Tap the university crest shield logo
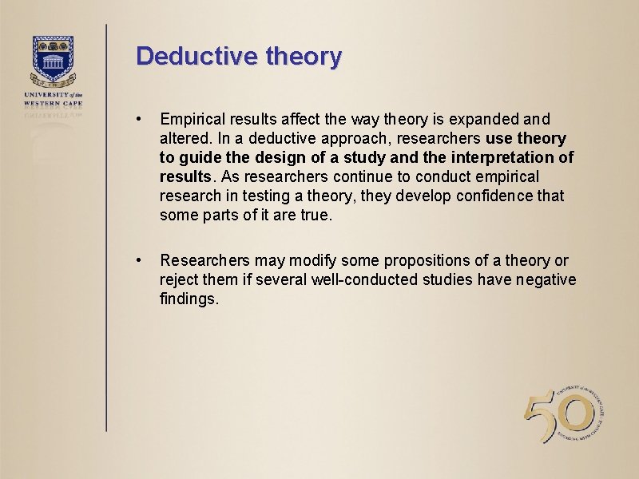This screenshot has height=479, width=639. (53, 60)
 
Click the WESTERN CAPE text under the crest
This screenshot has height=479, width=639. (53, 102)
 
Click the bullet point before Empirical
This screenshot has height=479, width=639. (140, 120)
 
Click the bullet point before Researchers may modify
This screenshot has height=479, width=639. (140, 260)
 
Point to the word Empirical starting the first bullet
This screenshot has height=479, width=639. (190, 120)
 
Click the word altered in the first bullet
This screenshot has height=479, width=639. (183, 139)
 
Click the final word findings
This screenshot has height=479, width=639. (189, 299)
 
